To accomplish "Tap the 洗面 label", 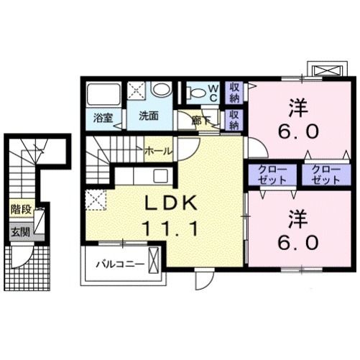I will click(x=148, y=115).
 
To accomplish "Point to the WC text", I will click(x=213, y=92).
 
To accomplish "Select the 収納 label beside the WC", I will click(x=234, y=93).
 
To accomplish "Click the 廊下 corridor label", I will click(x=200, y=121).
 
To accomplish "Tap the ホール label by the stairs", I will click(x=158, y=151).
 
